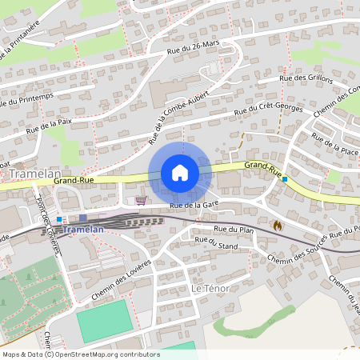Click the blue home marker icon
click(x=179, y=173)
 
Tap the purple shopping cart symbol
click(x=142, y=201)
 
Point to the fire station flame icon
click(x=277, y=226)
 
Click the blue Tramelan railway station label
click(x=82, y=229)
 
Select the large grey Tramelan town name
click(x=30, y=174)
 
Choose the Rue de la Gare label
click(x=194, y=206)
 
